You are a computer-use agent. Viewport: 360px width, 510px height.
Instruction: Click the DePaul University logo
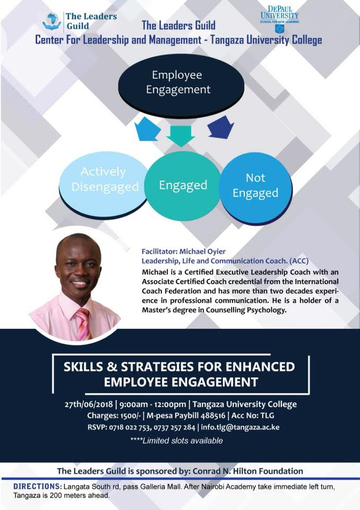279,19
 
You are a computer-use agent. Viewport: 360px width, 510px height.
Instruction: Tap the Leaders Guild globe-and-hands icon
52,21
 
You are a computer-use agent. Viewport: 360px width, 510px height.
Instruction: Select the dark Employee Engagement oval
181,83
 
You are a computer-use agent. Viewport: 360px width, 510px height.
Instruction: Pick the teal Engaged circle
183,186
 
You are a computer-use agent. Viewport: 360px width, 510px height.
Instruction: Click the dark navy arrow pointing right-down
221,127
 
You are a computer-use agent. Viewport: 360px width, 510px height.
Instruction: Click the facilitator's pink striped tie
83,324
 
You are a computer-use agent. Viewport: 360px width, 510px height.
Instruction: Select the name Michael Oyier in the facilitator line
202,251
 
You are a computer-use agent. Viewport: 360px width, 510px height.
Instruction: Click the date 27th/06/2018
89,404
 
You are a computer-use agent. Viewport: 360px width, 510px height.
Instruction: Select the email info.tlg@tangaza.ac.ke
240,427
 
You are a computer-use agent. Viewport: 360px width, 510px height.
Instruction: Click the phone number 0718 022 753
130,427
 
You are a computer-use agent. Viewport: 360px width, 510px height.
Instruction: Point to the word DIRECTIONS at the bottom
37,487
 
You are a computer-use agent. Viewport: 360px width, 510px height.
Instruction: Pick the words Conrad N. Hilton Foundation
248,471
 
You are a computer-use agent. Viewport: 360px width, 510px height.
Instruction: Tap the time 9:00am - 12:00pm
152,404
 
